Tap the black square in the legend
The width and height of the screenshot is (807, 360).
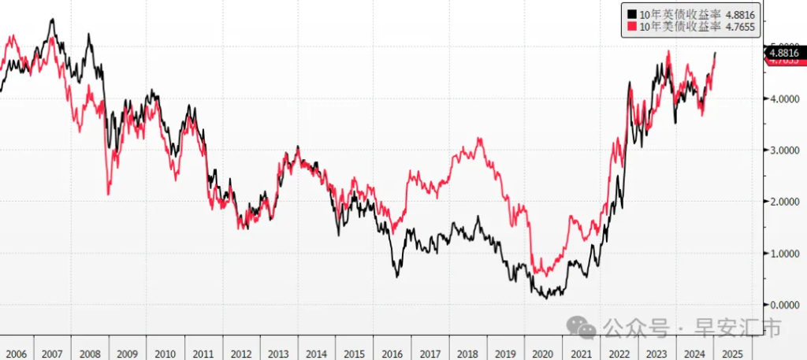pos(631,13)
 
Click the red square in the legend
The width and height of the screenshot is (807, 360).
pos(631,27)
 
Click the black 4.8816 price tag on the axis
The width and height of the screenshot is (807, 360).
pos(784,52)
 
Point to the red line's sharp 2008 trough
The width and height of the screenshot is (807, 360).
pos(108,193)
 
